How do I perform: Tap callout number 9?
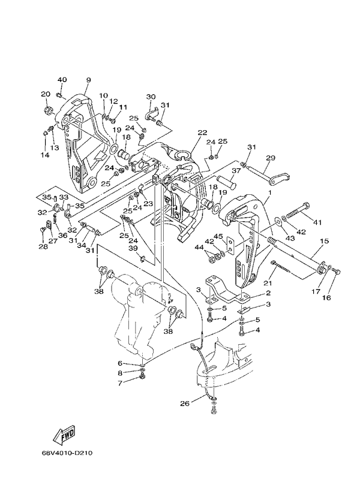[x=88, y=80]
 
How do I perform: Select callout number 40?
[x=62, y=80]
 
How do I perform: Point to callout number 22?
[x=202, y=133]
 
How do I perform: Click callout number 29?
[x=271, y=158]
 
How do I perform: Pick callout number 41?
[x=317, y=222]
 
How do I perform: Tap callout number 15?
[x=324, y=242]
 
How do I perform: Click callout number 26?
[x=184, y=403]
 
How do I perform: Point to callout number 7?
[x=119, y=382]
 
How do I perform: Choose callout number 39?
[x=133, y=248]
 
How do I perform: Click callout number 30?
[x=151, y=97]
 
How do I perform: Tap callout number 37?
[x=236, y=170]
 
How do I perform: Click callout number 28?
[x=42, y=246]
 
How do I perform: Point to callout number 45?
[x=219, y=236]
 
